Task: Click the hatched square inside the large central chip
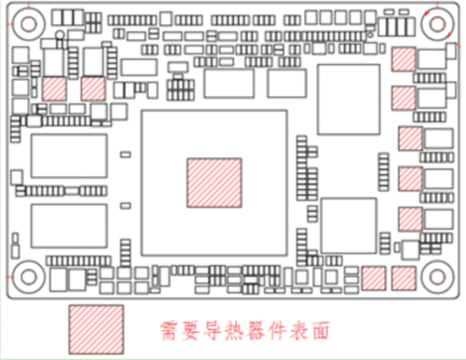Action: pos(215,183)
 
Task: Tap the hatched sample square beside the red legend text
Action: pos(96,329)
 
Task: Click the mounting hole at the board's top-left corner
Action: pos(28,24)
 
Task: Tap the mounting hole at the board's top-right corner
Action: pos(437,23)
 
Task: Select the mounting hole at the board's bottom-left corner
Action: pos(28,277)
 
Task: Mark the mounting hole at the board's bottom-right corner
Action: pos(437,277)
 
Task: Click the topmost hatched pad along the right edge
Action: pos(404,58)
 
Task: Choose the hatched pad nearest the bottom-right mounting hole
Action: pos(403,278)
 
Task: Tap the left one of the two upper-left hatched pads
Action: pos(54,89)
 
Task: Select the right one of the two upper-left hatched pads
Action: pos(93,89)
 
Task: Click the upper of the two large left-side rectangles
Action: pos(69,156)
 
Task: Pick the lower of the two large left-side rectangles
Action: pos(69,226)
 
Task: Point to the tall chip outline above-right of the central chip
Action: pos(348,99)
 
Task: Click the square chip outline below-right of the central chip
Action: pos(349,226)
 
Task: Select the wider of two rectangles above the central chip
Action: pos(229,83)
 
